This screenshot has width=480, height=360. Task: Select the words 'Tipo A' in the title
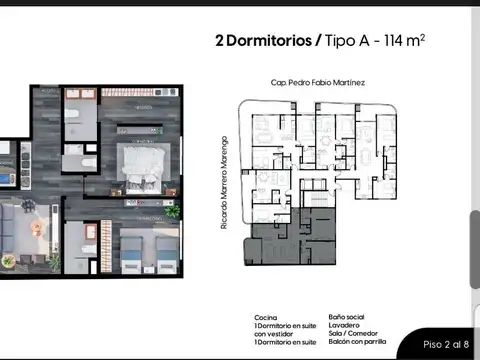click(x=349, y=41)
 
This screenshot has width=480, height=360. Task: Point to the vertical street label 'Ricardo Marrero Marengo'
click(x=227, y=183)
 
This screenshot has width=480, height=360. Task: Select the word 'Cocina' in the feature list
click(x=267, y=316)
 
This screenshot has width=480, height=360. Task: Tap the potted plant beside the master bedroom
click(x=172, y=211)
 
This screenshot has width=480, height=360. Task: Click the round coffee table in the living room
click(x=37, y=227)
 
